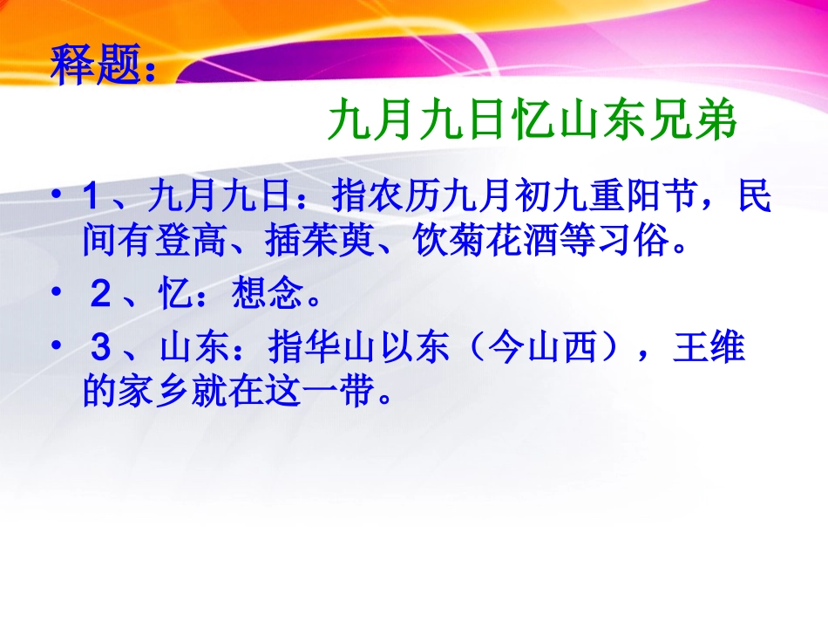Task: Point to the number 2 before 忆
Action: (101, 297)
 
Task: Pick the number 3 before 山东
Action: (101, 351)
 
